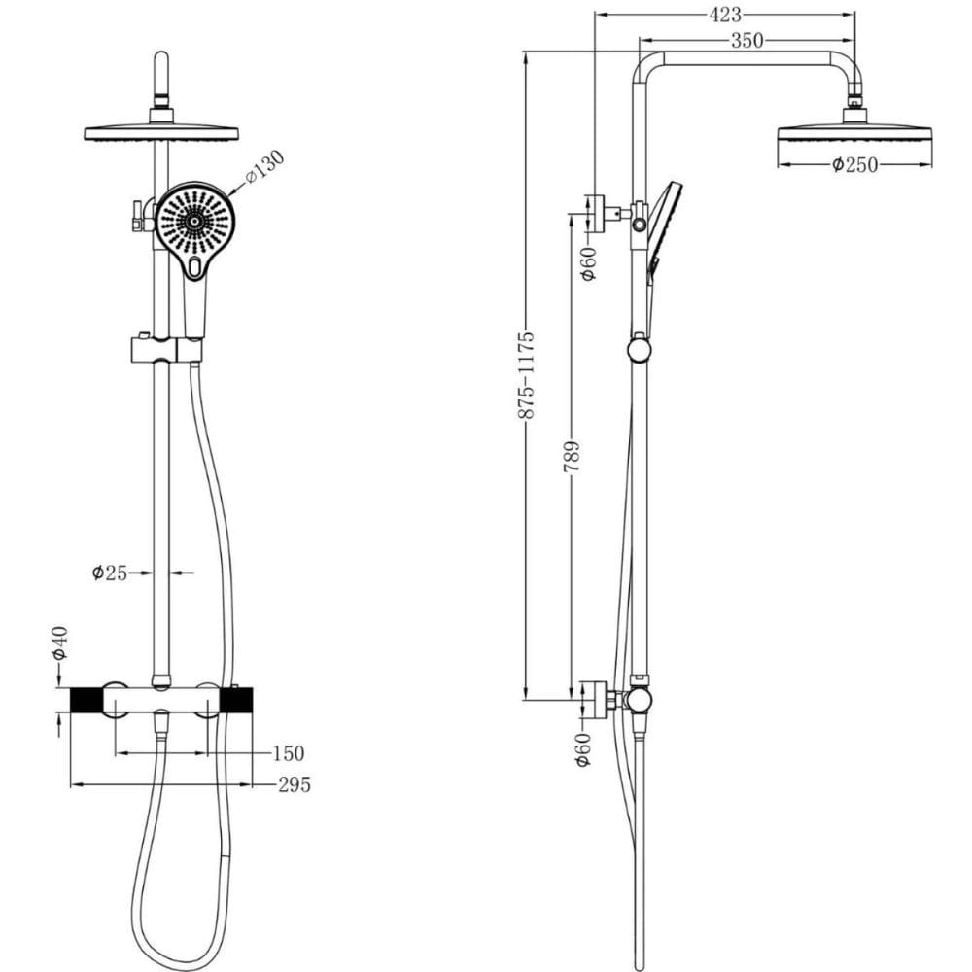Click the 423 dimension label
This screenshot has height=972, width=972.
tap(725, 15)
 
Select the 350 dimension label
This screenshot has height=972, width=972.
tap(746, 41)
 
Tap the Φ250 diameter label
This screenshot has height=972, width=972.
tap(854, 165)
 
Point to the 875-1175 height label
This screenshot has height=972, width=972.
tap(526, 375)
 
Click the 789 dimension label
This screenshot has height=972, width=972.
tap(572, 457)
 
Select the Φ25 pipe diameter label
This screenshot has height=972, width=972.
tap(109, 573)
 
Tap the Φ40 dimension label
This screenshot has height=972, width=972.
tap(60, 642)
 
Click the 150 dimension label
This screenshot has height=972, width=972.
tap(289, 754)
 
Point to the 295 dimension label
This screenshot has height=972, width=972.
tap(294, 784)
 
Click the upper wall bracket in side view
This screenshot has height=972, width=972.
tap(595, 214)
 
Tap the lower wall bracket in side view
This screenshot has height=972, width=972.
tap(595, 700)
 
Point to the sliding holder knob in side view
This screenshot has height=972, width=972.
tap(640, 348)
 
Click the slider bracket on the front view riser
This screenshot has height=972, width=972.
tap(166, 350)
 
